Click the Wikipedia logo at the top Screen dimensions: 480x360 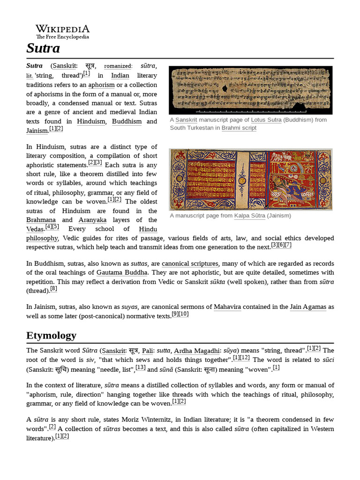62,31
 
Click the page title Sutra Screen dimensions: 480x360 43,48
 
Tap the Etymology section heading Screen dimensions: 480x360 51,335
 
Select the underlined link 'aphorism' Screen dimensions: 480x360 102,84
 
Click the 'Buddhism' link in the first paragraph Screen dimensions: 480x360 127,121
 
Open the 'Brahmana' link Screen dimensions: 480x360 41,220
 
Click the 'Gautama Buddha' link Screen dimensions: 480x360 122,272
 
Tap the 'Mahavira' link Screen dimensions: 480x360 227,307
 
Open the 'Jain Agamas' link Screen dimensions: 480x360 308,307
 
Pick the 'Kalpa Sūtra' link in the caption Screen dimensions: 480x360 250,216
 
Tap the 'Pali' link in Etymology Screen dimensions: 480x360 147,350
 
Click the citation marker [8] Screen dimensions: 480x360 54,289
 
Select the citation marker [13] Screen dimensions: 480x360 141,367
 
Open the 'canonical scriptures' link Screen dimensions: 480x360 190,264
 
